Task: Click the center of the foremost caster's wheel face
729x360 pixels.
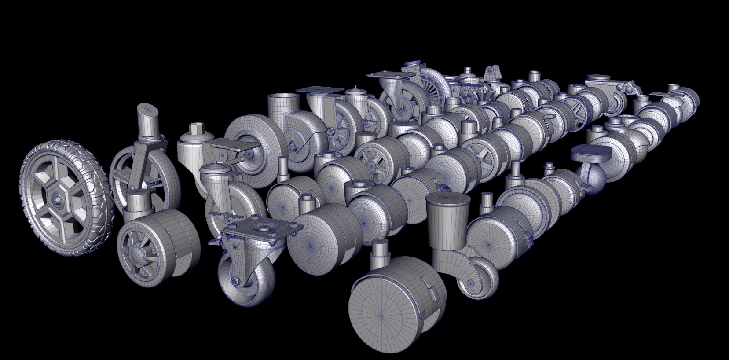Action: pos(381,315)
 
